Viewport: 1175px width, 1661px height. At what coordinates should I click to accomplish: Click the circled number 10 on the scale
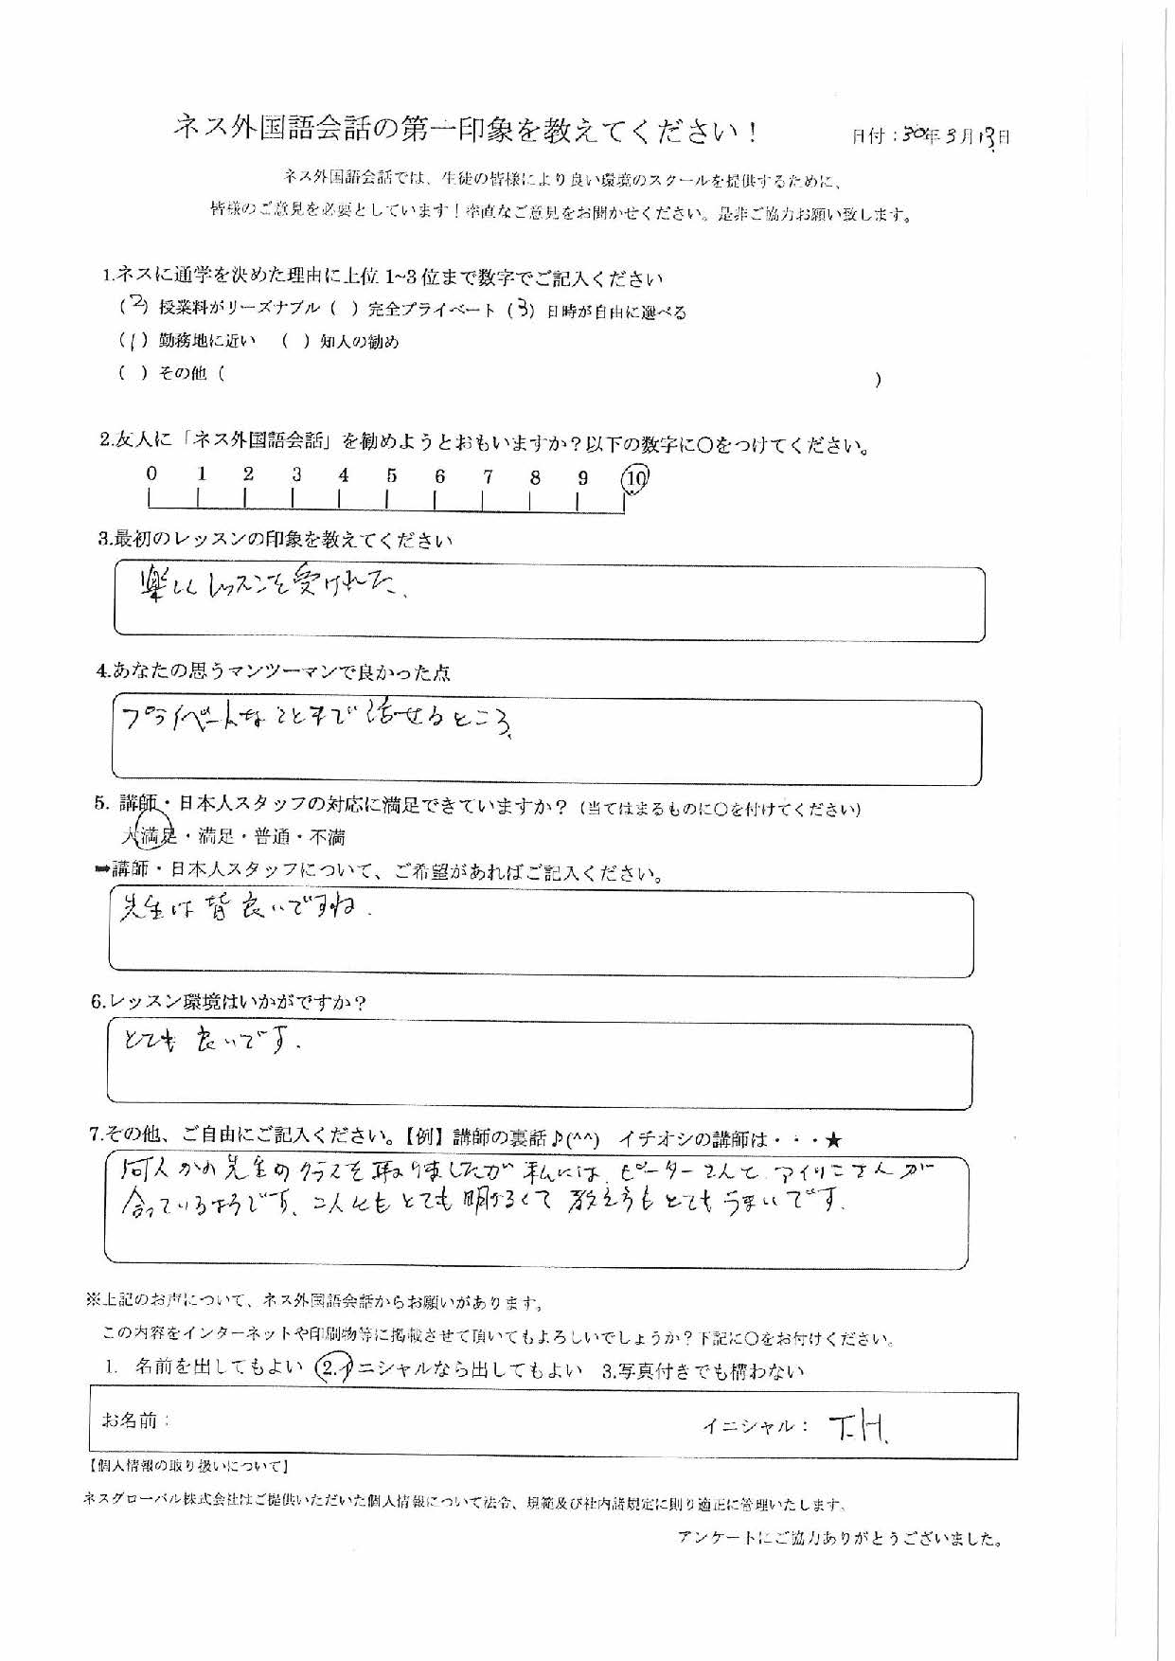pyautogui.click(x=635, y=479)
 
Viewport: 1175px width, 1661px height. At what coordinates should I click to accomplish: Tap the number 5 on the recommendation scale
pyautogui.click(x=391, y=476)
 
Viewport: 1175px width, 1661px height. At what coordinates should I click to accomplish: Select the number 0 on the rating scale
pyautogui.click(x=151, y=474)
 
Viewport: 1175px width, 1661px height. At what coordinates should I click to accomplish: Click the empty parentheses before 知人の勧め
pyautogui.click(x=295, y=342)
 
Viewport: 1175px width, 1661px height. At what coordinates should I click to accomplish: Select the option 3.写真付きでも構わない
pyautogui.click(x=703, y=1370)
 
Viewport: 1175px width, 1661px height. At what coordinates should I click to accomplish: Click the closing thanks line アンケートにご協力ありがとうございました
pyautogui.click(x=841, y=1539)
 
